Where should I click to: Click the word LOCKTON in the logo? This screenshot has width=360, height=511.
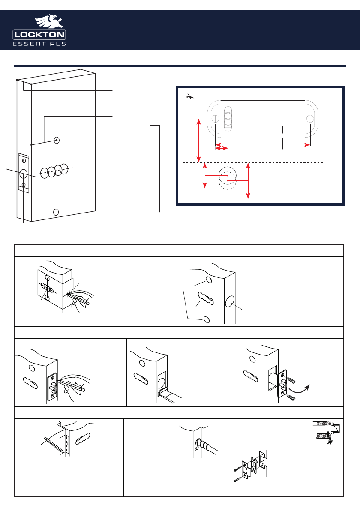pos(39,35)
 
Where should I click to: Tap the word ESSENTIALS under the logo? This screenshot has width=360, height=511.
pos(39,44)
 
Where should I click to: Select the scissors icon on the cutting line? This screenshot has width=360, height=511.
pos(189,96)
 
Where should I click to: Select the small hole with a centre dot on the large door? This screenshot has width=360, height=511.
pos(57,141)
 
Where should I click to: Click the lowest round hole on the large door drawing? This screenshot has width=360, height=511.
pos(56,212)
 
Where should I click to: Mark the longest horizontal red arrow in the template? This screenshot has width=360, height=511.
pos(263,145)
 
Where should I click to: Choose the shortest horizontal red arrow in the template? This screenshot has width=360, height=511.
pos(222,148)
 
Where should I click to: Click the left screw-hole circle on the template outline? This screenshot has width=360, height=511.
pos(215,118)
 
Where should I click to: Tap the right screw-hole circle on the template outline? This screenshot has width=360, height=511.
pos(310,118)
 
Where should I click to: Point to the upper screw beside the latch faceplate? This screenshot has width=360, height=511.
pos(291,380)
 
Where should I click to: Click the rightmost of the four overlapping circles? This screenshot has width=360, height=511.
pos(64,168)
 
